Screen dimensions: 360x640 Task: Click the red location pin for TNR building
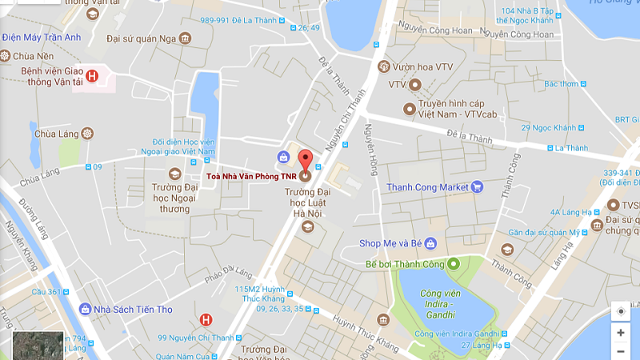(x=305, y=158)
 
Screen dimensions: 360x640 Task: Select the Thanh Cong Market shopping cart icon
(x=478, y=187)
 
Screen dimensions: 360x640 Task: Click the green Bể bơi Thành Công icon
(x=452, y=264)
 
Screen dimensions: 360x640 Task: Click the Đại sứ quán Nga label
(x=141, y=38)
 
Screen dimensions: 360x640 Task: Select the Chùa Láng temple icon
(x=87, y=133)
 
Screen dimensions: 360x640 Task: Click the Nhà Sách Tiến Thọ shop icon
(x=85, y=309)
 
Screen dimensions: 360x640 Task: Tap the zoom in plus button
(x=621, y=332)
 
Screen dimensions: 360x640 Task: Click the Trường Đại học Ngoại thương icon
(x=174, y=174)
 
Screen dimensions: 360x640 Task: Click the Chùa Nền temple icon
(x=6, y=55)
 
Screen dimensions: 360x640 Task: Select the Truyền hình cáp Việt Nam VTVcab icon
(x=409, y=107)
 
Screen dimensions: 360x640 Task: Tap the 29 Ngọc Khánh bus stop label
(x=549, y=128)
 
